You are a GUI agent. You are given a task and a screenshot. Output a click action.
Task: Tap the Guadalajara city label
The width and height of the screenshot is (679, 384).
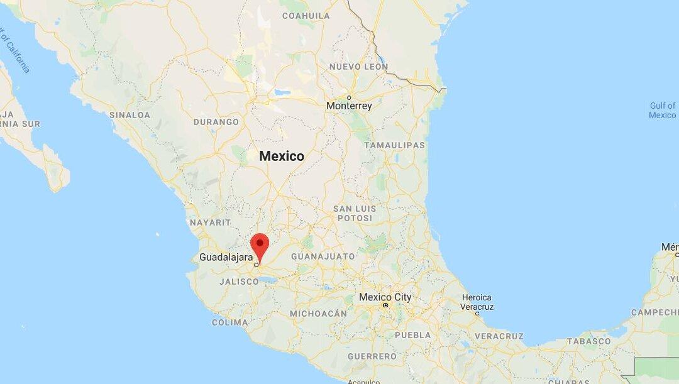226,257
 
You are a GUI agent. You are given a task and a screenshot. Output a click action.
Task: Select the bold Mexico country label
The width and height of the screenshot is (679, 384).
282,156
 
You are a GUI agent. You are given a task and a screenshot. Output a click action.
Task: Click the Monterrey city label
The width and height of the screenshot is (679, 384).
349,106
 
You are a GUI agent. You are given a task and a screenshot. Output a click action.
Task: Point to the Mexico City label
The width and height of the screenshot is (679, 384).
385,297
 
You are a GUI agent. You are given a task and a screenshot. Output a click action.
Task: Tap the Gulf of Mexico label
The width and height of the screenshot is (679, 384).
662,111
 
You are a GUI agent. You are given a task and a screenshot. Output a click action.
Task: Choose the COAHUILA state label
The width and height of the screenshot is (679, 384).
306,15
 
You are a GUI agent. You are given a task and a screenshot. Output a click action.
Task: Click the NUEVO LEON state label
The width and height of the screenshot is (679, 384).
358,67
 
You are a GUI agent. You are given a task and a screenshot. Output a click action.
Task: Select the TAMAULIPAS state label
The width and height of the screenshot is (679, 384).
394,145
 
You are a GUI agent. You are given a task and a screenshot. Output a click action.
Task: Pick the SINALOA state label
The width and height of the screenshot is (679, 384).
130,115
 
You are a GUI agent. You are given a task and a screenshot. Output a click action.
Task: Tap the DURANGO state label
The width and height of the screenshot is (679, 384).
216,122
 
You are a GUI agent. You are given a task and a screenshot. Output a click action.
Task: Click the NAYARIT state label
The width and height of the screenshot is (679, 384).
210,222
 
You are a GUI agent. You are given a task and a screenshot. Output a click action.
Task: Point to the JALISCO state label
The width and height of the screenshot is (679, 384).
239,282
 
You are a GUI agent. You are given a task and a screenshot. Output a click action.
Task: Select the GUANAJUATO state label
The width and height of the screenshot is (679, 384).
323,256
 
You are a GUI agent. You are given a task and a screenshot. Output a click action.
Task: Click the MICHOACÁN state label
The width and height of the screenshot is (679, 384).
318,313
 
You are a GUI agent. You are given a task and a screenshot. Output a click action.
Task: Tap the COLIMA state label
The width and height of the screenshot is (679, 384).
229,322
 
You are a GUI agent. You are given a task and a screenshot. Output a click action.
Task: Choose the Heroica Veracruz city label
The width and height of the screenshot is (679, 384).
477,302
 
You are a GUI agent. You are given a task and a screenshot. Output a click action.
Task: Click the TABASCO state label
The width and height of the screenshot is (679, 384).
589,341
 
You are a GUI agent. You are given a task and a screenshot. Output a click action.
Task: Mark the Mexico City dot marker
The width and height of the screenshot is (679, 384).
385,305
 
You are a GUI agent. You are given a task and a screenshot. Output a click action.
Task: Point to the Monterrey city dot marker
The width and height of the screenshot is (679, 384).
349,97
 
